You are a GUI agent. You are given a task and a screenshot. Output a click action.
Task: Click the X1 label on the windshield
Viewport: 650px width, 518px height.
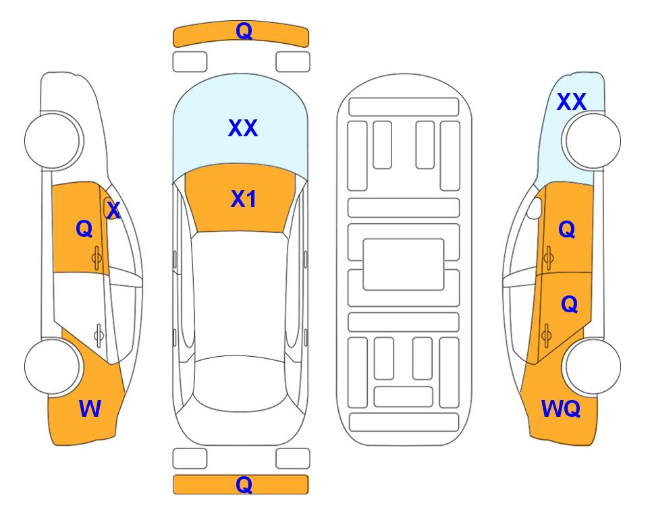point(244,199)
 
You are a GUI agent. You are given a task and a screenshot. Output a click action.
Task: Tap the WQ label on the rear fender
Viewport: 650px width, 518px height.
point(560,409)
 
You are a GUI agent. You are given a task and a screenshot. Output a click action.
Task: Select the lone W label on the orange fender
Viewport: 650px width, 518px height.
point(90,409)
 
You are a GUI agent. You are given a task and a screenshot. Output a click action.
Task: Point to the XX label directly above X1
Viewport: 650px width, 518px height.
point(243,127)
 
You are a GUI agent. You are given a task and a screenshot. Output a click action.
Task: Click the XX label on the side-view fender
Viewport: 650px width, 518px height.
point(571,102)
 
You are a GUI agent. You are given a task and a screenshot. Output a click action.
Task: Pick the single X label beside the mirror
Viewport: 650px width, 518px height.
point(113,210)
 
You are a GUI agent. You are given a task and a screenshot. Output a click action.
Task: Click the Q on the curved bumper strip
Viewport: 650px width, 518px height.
point(244,31)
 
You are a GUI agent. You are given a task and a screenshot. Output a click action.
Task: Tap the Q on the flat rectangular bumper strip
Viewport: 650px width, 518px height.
point(244,484)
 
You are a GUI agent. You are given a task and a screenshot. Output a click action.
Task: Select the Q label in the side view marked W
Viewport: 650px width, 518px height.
point(84,229)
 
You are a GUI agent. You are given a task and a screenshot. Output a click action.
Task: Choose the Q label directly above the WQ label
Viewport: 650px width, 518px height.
point(569,305)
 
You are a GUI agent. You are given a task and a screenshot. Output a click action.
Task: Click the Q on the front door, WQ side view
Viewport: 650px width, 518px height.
point(567,229)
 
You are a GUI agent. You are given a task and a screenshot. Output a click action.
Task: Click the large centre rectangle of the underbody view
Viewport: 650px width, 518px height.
point(404,264)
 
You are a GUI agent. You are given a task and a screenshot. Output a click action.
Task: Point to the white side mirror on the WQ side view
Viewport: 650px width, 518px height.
point(535,208)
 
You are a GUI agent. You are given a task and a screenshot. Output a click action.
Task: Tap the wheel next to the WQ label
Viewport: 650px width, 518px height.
point(591,367)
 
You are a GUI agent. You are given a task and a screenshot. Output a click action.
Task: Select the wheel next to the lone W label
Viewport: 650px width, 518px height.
point(53,367)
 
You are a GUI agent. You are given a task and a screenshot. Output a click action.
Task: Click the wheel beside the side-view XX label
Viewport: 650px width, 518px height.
point(591,141)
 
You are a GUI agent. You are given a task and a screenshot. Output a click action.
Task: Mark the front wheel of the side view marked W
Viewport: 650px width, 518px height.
point(53,140)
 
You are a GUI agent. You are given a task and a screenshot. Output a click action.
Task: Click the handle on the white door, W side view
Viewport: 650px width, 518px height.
point(99,335)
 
